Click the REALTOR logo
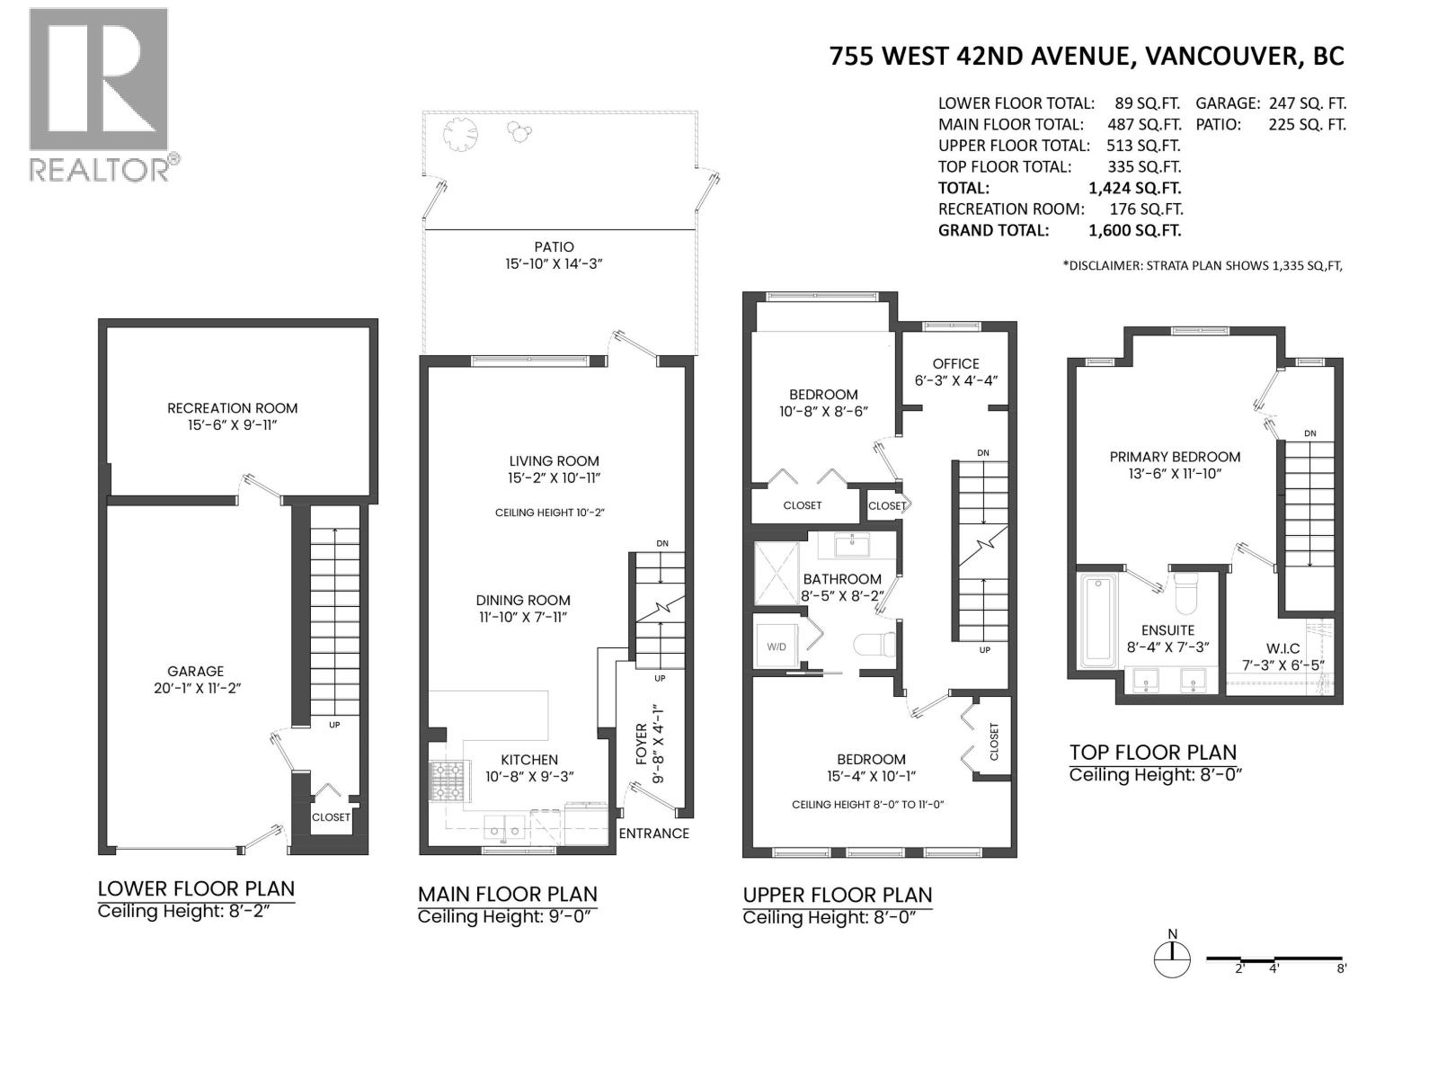click(99, 94)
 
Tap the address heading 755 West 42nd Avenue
click(1086, 57)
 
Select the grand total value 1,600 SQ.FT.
click(1134, 230)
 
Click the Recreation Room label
click(232, 408)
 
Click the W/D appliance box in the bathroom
click(776, 646)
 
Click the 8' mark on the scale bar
click(1341, 968)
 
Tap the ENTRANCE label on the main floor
click(653, 834)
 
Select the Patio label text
click(552, 247)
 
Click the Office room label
click(955, 364)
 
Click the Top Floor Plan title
click(1152, 752)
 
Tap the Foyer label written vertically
click(642, 744)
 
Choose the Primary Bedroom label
click(1175, 457)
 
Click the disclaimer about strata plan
click(1203, 265)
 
